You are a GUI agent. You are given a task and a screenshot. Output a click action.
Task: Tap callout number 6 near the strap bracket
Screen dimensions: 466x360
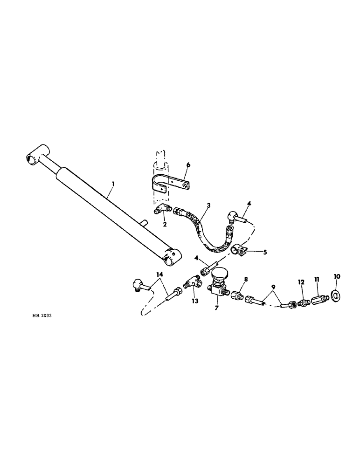(188, 164)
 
